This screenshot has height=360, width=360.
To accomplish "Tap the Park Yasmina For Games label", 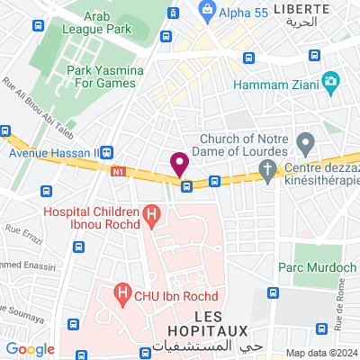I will tap(102, 76).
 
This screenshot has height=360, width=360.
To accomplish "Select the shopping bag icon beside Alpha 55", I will tap(208, 11).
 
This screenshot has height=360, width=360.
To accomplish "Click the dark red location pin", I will tap(179, 165).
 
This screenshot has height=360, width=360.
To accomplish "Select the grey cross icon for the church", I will tap(267, 169).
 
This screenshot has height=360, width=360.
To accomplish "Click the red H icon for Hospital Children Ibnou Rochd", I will tap(151, 215).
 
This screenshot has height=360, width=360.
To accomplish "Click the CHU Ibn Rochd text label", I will tap(169, 292).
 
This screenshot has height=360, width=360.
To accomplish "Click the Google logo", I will tap(30, 349).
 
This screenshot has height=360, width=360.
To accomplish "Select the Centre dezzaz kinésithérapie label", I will tap(323, 175).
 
